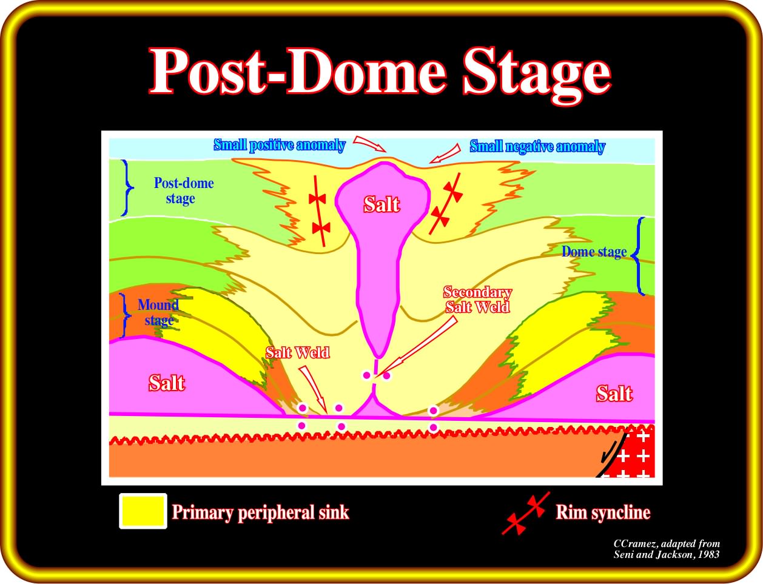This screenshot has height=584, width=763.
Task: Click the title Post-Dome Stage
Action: click(x=380, y=72)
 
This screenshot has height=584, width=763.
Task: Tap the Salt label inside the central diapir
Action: click(x=381, y=204)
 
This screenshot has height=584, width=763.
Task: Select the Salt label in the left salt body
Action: click(x=166, y=383)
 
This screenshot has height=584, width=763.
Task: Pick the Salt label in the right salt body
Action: click(x=614, y=393)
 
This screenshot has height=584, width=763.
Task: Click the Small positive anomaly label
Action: click(x=280, y=145)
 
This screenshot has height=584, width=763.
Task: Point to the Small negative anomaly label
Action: click(x=537, y=146)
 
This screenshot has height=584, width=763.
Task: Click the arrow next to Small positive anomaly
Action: click(x=369, y=144)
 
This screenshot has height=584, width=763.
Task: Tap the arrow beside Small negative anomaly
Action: click(x=445, y=153)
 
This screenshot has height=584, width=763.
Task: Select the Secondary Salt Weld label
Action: click(x=477, y=300)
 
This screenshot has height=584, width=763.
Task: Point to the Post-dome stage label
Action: click(x=184, y=190)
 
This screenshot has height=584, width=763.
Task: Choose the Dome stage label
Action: click(x=594, y=252)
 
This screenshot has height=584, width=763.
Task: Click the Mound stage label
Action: click(x=158, y=312)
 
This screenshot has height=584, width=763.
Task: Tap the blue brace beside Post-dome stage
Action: click(x=127, y=187)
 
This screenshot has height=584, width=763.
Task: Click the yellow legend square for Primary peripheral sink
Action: click(x=143, y=511)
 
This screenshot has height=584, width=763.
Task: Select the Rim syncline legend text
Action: click(x=603, y=512)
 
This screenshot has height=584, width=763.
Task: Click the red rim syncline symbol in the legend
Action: click(x=526, y=513)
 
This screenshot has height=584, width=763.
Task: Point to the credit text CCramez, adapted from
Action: click(x=667, y=543)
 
